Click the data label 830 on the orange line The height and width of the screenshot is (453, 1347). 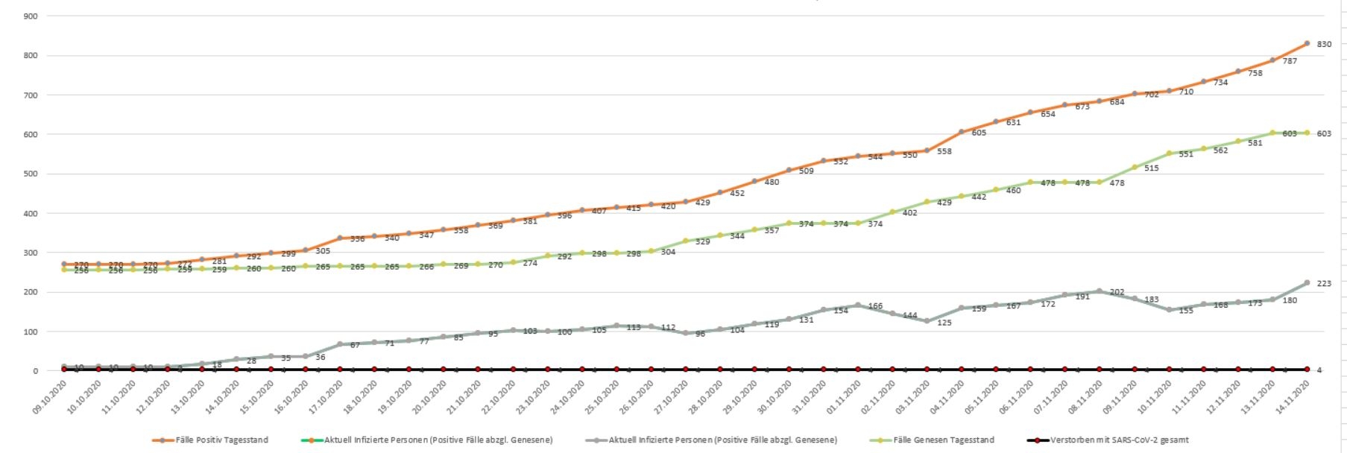(x=1324, y=45)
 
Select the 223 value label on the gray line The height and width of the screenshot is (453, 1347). (x=1324, y=284)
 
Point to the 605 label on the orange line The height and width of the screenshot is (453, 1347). (x=978, y=133)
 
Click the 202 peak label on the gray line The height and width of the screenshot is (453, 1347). (x=1117, y=292)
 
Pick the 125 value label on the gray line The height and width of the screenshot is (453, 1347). (x=944, y=323)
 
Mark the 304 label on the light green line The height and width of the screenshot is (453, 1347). (x=668, y=252)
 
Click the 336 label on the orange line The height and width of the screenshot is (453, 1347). (x=356, y=239)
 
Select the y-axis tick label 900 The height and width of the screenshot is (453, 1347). (x=31, y=16)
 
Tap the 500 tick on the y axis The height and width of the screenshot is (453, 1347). (x=31, y=174)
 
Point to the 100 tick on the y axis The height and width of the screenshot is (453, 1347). (x=31, y=332)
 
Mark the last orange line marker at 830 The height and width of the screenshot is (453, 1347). (x=1307, y=43)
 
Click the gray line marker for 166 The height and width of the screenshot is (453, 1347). (x=857, y=305)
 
